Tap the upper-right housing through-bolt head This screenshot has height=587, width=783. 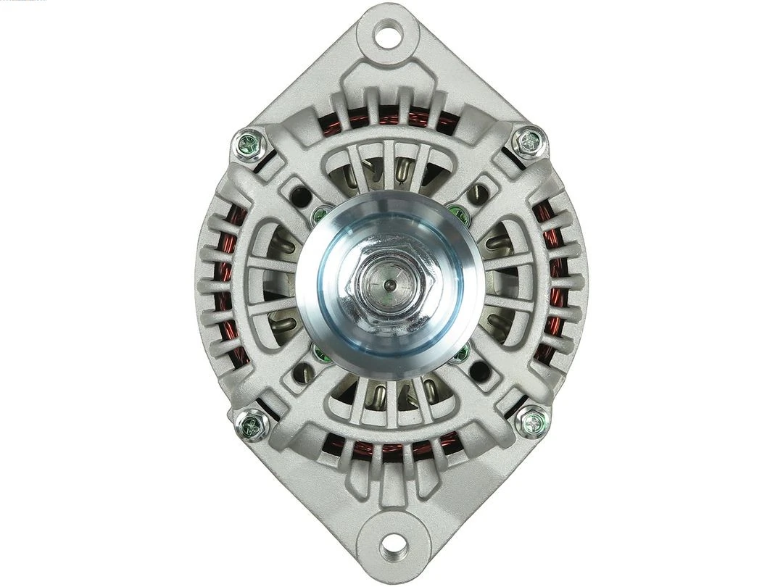point(529,142)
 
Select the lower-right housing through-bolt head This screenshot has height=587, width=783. point(533,421)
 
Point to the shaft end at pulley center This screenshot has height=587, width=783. point(390,285)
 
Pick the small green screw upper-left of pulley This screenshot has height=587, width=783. point(320,215)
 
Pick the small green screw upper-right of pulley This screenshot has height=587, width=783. point(458,213)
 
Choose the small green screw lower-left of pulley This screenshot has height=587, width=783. point(320,354)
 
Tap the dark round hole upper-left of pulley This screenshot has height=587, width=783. point(300,195)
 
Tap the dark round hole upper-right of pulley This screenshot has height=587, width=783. point(479,193)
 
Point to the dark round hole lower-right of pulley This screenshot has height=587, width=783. point(479,372)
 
